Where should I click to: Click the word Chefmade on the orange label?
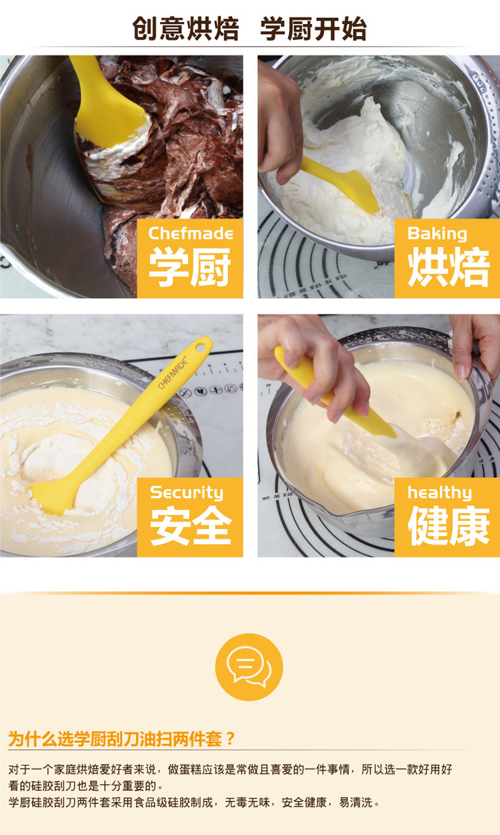(191, 234)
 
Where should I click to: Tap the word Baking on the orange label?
(437, 234)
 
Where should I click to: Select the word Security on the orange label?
(187, 493)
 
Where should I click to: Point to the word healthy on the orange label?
(439, 493)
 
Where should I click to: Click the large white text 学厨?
(190, 267)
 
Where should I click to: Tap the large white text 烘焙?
(449, 267)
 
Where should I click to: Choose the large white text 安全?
(191, 525)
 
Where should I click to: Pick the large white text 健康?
(449, 525)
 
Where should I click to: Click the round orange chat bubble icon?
(249, 667)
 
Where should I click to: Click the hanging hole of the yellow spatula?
(201, 348)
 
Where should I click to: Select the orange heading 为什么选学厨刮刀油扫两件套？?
(121, 738)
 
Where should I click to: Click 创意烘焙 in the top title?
(185, 29)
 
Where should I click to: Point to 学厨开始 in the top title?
(313, 29)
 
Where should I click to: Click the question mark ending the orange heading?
(230, 738)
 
